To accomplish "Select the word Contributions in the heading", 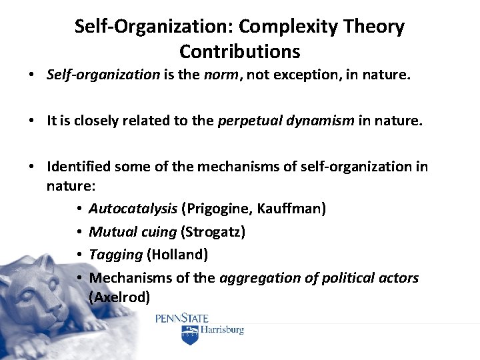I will [240, 51].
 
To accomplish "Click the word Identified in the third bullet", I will [75, 166].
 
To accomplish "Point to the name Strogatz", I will [214, 232].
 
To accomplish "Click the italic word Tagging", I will [116, 255].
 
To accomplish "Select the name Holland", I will [177, 255].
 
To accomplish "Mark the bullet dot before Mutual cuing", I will [79, 232].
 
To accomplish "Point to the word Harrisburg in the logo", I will [223, 330].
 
